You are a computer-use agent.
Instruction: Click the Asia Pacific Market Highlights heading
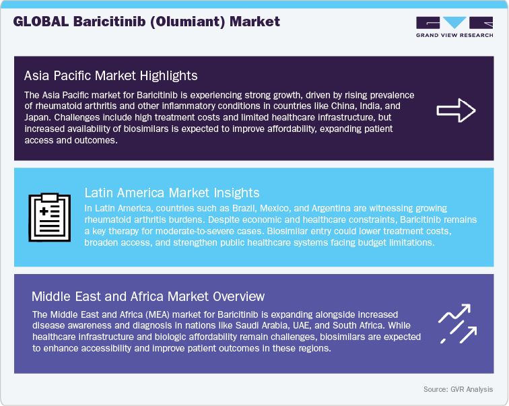(x=110, y=75)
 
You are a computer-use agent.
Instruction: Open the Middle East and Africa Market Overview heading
(x=148, y=296)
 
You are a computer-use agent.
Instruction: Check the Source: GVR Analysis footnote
(x=459, y=389)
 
